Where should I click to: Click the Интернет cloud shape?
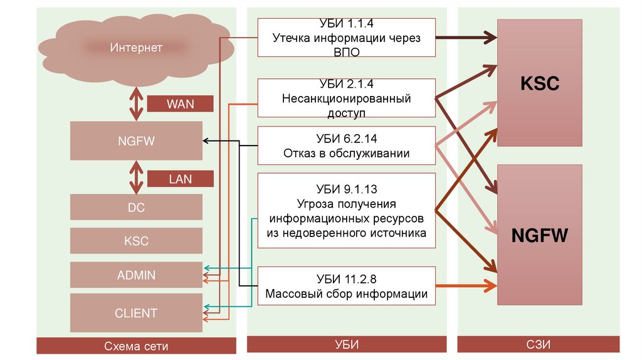point(136,48)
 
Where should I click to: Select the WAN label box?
point(180,103)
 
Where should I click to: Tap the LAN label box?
point(180,179)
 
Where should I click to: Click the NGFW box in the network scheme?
point(136,141)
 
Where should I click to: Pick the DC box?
point(136,207)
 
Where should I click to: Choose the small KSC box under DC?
point(136,241)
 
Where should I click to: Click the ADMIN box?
point(136,275)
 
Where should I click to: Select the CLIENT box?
point(136,313)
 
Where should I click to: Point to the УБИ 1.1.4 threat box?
point(347,38)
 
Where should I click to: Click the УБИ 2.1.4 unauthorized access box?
point(347,98)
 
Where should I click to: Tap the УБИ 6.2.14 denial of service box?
point(347,146)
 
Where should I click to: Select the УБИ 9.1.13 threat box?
point(347,211)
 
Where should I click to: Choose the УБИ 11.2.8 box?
point(347,287)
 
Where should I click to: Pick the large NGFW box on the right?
point(540,235)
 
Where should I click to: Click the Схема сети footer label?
point(136,346)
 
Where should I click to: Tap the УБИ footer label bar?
point(347,344)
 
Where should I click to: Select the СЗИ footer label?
point(540,344)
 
